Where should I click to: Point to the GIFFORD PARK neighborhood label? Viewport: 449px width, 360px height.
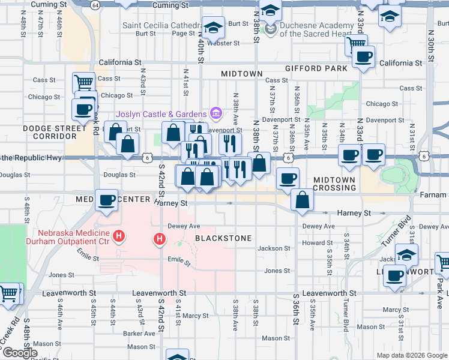coord(316,69)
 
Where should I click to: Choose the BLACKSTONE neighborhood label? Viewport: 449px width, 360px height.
coord(223,238)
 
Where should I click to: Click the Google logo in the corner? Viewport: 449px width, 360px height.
coord(19,353)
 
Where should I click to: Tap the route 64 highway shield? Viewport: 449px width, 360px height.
coord(95,5)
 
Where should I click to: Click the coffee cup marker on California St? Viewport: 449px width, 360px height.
coord(363,58)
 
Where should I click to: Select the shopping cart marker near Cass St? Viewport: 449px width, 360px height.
coord(83,82)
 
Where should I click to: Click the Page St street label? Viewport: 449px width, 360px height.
coord(184,34)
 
